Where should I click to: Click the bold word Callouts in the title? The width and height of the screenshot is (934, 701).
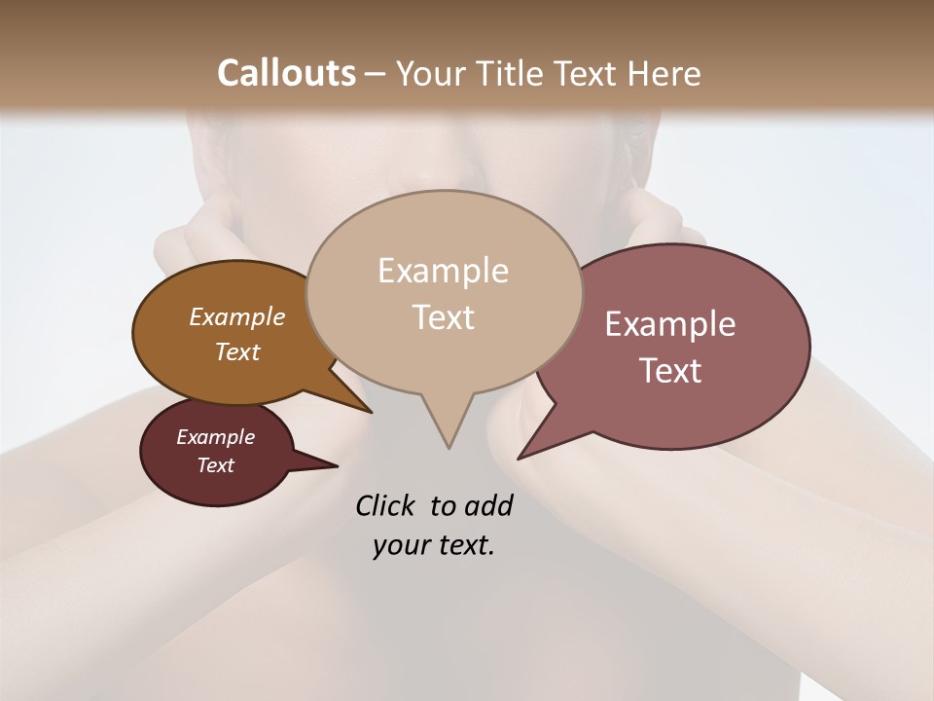[x=286, y=73]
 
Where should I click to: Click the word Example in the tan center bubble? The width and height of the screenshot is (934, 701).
[x=443, y=271]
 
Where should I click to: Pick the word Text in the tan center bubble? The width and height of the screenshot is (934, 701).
[x=443, y=317]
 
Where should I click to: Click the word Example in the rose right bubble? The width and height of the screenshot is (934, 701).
[x=670, y=324]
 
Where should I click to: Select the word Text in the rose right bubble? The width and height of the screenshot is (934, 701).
[x=670, y=371]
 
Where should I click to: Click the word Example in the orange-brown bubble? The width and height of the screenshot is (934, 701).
[x=237, y=316]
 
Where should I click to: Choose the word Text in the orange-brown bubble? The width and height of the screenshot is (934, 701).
[x=237, y=351]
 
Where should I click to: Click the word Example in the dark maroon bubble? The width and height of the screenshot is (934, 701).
[x=215, y=437]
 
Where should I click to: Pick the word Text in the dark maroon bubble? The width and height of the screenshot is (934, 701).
[x=215, y=465]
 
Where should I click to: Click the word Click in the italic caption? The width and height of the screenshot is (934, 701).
[x=386, y=505]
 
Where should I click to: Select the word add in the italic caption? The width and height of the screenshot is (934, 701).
[x=488, y=505]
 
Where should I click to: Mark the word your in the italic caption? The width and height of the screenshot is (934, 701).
[x=399, y=546]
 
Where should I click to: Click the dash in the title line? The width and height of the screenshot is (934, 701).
[x=377, y=74]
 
